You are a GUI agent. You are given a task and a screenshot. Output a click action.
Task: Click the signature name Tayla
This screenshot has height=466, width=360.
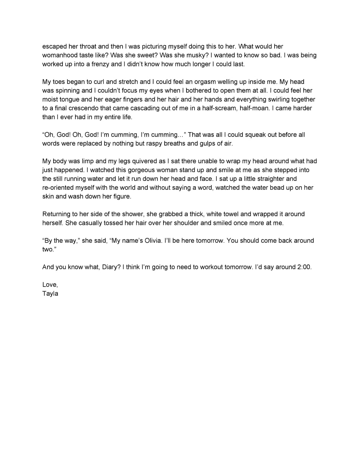50,294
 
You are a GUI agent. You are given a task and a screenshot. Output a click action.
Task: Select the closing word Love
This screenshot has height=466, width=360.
49,285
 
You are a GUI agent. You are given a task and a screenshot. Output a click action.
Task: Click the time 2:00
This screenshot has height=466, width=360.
303,267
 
